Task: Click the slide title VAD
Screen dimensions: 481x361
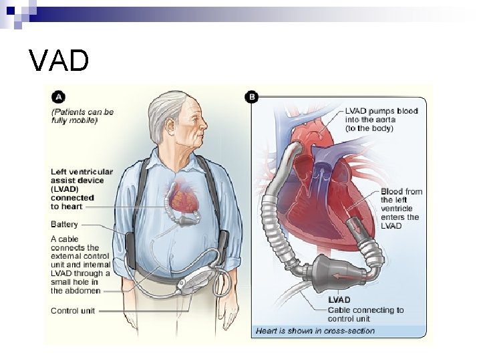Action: (59, 60)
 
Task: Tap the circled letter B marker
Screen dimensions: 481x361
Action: (253, 98)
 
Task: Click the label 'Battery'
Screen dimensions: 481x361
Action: (65, 225)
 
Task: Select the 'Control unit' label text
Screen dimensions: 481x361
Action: (73, 310)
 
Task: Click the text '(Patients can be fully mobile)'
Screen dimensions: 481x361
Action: (82, 116)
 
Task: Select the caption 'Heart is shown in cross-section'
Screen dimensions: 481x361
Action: (315, 330)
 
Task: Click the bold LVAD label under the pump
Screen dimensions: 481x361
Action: (338, 300)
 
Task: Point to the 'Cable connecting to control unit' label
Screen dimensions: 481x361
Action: (365, 314)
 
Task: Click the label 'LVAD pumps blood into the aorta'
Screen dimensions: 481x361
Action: (381, 119)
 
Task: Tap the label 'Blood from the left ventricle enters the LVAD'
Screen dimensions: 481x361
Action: (401, 208)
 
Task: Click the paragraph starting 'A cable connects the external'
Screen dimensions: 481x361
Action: (81, 264)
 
